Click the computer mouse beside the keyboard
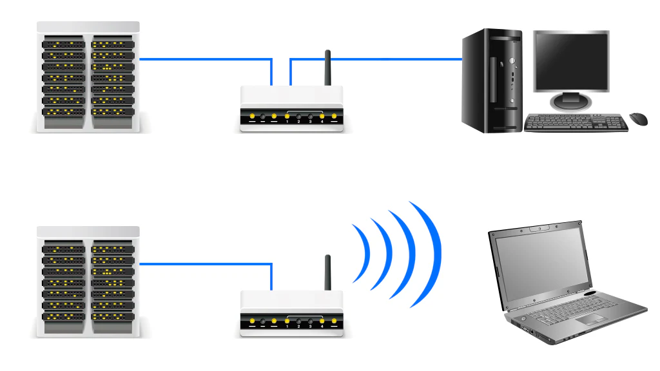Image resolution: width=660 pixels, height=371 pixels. (x=638, y=119)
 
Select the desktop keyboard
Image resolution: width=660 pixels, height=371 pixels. (x=576, y=123)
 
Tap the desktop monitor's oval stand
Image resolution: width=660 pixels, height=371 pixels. (x=570, y=102)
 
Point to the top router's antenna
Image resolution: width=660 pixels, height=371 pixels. (x=327, y=68)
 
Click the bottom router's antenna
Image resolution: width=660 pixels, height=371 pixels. (x=327, y=272)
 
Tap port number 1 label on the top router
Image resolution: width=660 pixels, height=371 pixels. (x=287, y=122)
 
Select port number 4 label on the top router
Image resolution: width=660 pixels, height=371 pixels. (x=322, y=122)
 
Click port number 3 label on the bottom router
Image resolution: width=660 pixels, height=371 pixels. (x=310, y=327)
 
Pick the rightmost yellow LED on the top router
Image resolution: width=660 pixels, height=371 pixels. (x=334, y=117)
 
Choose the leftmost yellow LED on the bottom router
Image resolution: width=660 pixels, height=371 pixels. (x=252, y=321)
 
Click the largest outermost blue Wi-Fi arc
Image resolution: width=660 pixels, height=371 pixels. (x=432, y=254)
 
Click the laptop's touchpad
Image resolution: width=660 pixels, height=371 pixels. (x=590, y=318)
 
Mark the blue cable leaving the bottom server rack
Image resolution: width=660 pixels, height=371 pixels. (x=206, y=263)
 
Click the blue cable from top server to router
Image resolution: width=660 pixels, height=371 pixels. (x=206, y=59)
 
